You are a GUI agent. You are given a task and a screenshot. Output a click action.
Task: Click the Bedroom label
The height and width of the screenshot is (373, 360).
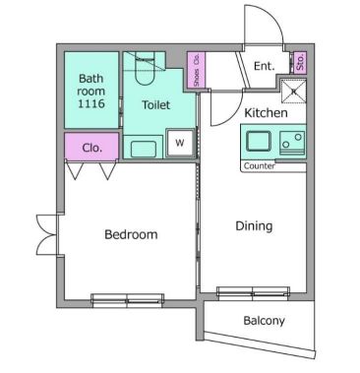pyautogui.click(x=131, y=234)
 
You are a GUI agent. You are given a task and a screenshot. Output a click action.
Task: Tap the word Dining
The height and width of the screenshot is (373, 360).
pyautogui.click(x=253, y=225)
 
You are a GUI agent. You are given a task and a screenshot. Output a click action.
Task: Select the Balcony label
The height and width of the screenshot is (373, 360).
pyautogui.click(x=264, y=321)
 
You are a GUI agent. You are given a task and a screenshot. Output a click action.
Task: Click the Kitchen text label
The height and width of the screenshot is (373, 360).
pyautogui.click(x=266, y=113)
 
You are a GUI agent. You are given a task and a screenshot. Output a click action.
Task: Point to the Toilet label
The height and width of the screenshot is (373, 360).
pyautogui.click(x=155, y=104)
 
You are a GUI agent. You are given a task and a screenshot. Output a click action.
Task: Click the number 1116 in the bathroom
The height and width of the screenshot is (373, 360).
pyautogui.click(x=91, y=103)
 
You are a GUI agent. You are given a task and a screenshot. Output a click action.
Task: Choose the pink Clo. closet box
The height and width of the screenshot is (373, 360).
pyautogui.click(x=92, y=148)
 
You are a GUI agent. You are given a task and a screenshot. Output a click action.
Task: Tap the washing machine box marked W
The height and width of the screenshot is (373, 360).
pyautogui.click(x=180, y=143)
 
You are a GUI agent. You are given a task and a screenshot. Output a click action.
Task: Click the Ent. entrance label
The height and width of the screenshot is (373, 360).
pyautogui.click(x=264, y=66)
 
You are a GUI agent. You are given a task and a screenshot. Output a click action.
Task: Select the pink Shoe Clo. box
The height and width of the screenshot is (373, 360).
pyautogui.click(x=196, y=70)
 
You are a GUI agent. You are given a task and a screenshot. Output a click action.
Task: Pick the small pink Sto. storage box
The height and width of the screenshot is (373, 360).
pyautogui.click(x=299, y=63)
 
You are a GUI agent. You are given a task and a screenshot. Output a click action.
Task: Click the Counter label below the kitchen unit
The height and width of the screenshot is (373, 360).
pyautogui.click(x=260, y=166)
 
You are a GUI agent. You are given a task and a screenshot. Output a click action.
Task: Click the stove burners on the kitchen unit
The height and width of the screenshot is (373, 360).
pyautogui.click(x=290, y=145)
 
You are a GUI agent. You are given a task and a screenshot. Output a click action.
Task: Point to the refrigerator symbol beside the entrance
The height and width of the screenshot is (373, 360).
pyautogui.click(x=293, y=93)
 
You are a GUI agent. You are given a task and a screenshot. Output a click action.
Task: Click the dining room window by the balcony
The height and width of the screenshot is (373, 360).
pyautogui.click(x=252, y=292)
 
